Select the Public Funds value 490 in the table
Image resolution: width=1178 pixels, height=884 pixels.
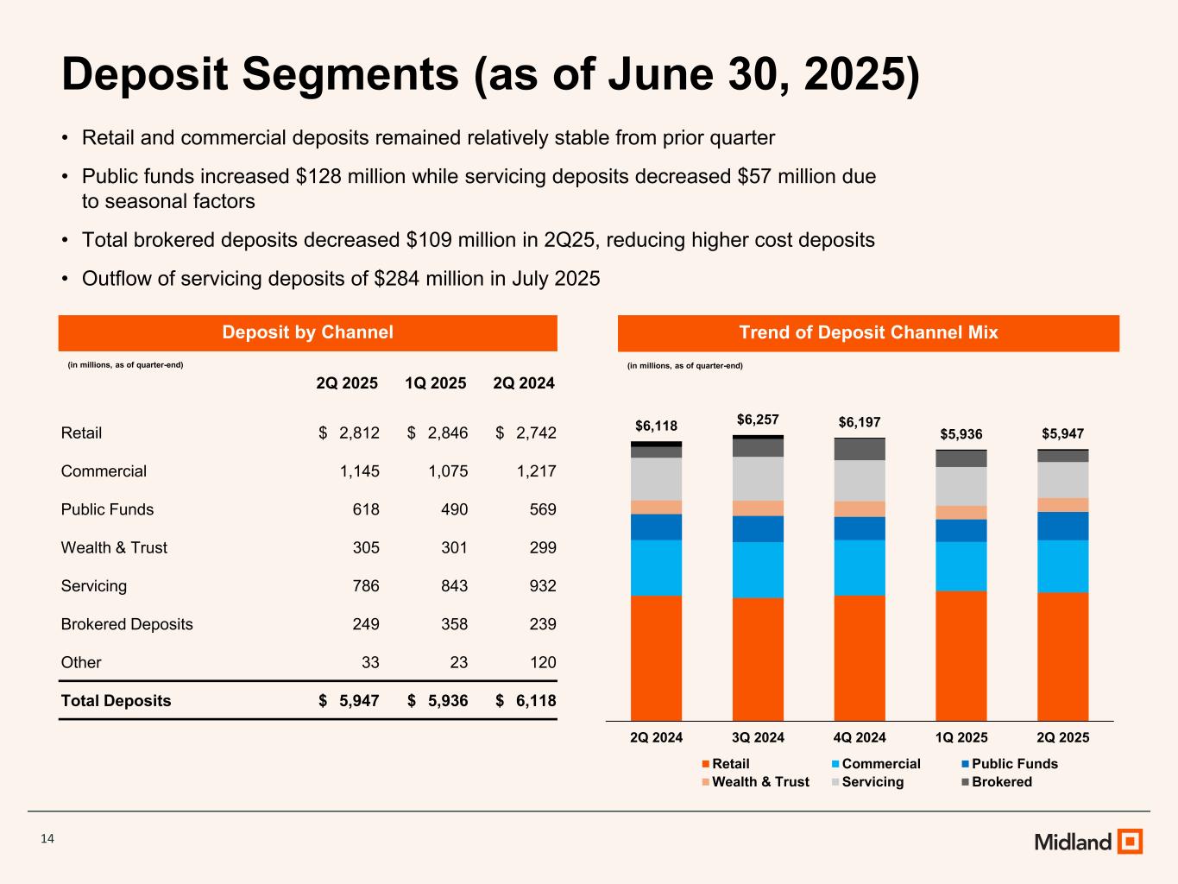[x=454, y=509]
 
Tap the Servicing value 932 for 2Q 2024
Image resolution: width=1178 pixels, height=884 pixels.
[x=542, y=586]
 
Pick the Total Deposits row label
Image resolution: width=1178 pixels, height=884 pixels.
[x=116, y=701]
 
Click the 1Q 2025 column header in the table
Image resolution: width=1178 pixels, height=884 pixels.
[x=435, y=383]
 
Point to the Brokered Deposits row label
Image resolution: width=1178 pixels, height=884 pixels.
[x=127, y=624]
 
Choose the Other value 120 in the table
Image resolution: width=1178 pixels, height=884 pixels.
[x=542, y=662]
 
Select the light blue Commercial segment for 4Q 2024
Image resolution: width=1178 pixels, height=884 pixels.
[x=860, y=567]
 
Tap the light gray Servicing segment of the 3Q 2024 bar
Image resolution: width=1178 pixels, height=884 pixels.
[x=758, y=478]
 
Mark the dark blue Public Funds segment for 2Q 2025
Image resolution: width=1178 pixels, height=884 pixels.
[x=1062, y=526]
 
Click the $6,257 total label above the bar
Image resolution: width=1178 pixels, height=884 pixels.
[x=758, y=420]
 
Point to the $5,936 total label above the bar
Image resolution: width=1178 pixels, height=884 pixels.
[x=961, y=434]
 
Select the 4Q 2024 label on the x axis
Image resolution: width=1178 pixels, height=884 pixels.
[x=860, y=737]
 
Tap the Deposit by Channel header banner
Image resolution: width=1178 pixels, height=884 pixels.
[x=307, y=332]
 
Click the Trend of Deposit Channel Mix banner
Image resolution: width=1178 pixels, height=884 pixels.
[x=868, y=332]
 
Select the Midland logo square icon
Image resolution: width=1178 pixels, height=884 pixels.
[x=1130, y=841]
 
